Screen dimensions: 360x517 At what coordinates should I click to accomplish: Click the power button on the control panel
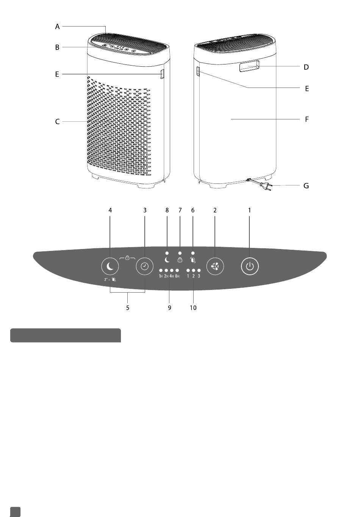click(249, 266)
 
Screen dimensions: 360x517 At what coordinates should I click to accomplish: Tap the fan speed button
click(215, 266)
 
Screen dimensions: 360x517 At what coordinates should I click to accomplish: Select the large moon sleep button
click(110, 266)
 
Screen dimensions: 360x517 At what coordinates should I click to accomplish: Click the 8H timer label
click(177, 276)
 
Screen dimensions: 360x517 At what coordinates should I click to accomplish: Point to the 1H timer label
click(161, 276)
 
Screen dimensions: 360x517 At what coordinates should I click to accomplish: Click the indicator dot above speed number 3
click(199, 270)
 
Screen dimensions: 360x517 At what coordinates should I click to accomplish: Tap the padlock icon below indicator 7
click(180, 260)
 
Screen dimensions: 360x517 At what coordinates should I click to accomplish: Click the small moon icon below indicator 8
click(167, 260)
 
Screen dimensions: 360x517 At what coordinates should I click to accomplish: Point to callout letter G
click(306, 186)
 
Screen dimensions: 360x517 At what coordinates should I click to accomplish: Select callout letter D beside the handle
click(306, 67)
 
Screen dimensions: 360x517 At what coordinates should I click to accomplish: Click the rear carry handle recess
click(249, 66)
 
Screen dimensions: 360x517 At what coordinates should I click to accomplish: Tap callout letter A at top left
click(57, 27)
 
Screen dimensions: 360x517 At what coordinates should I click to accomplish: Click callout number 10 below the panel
click(193, 308)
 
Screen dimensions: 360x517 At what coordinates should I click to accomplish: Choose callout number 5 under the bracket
click(128, 308)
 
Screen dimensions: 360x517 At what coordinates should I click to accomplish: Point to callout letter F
click(307, 119)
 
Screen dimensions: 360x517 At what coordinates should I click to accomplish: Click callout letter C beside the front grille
click(57, 122)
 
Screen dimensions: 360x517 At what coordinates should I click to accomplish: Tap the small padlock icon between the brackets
click(127, 258)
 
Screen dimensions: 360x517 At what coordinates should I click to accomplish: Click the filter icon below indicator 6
click(193, 260)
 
